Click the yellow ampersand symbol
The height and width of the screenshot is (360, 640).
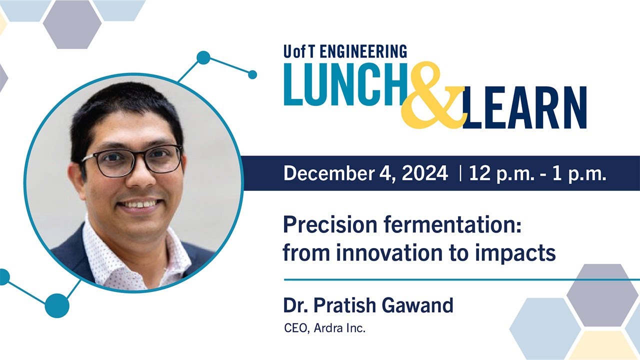432,97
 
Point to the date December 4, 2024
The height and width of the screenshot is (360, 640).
365,173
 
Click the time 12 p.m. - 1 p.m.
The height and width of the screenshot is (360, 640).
537,173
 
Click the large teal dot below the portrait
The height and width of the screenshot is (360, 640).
56,305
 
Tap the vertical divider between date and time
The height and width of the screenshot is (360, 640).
459,173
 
